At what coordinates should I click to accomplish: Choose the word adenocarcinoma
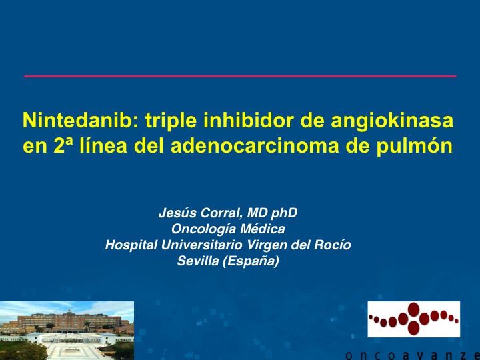[255, 146]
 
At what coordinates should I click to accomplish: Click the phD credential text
[284, 213]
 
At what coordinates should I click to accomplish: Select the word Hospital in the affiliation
[131, 245]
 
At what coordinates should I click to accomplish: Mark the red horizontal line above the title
[240, 76]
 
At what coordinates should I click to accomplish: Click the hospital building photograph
[67, 331]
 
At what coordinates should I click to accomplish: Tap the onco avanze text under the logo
[413, 355]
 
